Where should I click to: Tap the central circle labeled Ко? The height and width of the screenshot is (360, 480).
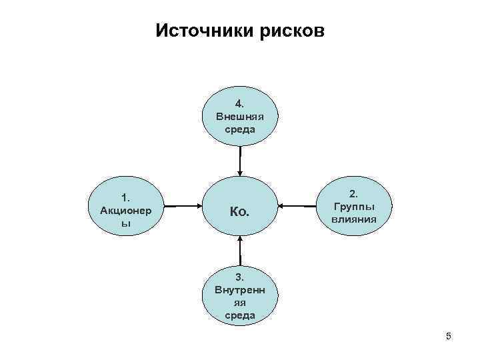239,212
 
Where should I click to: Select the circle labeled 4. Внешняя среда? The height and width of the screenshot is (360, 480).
239,117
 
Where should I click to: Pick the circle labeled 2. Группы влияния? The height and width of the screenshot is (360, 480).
353,207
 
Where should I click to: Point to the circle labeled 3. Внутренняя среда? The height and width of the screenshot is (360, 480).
239,293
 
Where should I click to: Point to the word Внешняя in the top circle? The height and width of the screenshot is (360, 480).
239,117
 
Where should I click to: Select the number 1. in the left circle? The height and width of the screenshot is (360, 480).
125,197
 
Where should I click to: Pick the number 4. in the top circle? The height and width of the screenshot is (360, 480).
239,104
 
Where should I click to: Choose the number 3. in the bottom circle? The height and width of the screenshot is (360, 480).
239,277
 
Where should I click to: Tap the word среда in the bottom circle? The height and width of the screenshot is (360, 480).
239,315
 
